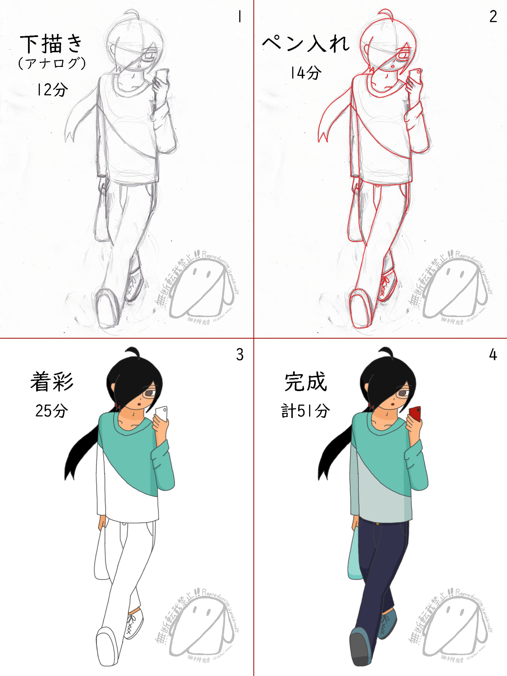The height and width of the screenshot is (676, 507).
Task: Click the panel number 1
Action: [x=240, y=17]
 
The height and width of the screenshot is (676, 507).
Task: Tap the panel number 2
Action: [x=493, y=17]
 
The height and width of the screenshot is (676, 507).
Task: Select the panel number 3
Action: [x=240, y=355]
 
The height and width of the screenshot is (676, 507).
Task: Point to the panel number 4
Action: [x=493, y=355]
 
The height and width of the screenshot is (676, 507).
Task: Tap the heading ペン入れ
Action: [x=305, y=44]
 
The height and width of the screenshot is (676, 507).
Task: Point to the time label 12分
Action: [x=52, y=90]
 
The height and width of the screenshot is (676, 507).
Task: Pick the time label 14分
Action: [x=305, y=73]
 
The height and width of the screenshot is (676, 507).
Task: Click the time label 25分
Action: [x=52, y=410]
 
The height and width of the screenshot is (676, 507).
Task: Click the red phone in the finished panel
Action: [x=415, y=414]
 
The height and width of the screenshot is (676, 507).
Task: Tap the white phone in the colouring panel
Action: [x=161, y=414]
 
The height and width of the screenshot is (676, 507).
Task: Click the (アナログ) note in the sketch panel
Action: [x=52, y=64]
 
